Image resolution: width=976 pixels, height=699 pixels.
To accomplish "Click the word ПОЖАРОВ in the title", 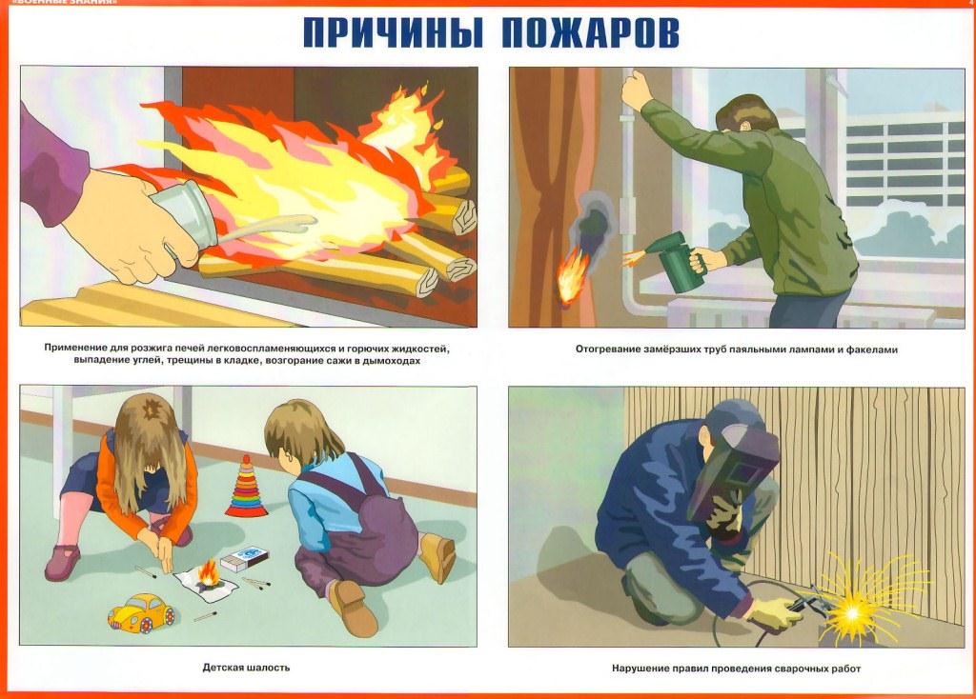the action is [x=589, y=33].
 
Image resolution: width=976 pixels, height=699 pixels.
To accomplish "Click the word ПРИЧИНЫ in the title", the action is [x=392, y=33].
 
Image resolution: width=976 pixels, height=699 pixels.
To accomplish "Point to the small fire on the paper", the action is [x=208, y=573].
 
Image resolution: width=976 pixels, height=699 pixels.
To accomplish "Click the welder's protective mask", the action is [x=740, y=468].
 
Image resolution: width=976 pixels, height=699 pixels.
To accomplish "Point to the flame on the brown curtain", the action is [x=570, y=275].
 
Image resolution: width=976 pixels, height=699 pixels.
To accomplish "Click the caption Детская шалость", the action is [x=246, y=668].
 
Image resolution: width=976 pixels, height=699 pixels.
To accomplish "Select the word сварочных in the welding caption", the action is [x=802, y=669].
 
